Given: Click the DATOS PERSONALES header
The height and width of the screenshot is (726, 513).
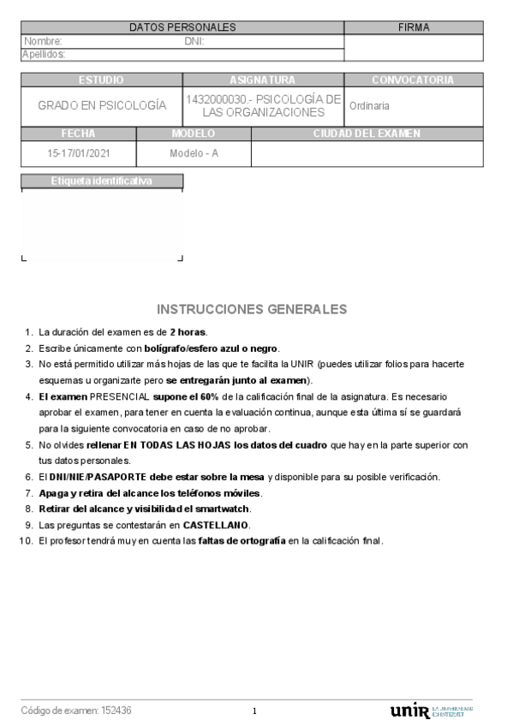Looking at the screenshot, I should [x=182, y=27].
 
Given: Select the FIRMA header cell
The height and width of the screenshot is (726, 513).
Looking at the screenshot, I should [x=414, y=27].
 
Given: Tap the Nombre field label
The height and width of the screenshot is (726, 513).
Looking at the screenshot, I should [x=43, y=41].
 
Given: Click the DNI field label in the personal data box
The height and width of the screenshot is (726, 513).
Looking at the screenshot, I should [x=194, y=41].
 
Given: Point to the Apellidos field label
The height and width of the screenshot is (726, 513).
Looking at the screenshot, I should [x=44, y=54].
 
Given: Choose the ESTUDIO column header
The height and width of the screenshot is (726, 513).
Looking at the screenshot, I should [x=101, y=80].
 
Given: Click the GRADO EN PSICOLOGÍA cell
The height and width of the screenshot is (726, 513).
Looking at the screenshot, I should [x=101, y=106].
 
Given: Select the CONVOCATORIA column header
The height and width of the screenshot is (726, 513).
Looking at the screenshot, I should [x=413, y=80].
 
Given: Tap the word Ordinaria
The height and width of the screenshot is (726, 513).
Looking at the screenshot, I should [x=369, y=106].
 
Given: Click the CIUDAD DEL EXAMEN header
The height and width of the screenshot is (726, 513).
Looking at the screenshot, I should [x=367, y=134].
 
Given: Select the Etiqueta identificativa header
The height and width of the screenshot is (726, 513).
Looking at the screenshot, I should [x=101, y=181].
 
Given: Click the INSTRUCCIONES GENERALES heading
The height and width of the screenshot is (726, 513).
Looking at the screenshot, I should [x=252, y=308].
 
